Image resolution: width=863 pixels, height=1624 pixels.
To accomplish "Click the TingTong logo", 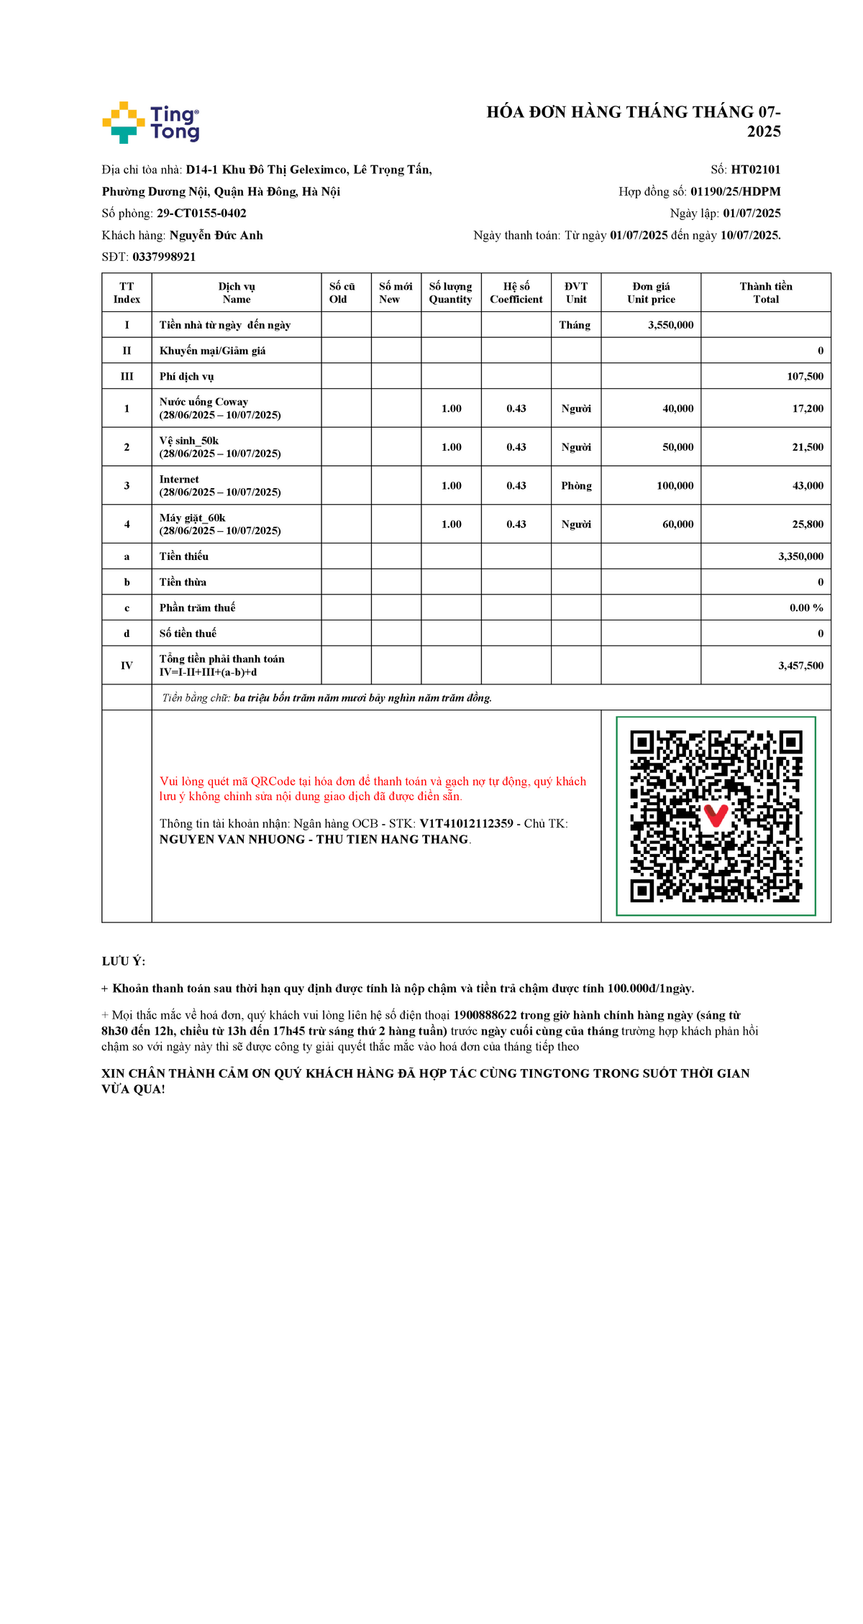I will [151, 122].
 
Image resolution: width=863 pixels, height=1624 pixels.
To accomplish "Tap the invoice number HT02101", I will [755, 170].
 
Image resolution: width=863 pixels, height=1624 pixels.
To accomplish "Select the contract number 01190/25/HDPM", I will [735, 191].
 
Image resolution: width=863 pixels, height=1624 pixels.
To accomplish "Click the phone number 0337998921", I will [164, 257].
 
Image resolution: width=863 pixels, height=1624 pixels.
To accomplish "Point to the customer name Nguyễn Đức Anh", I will [216, 235].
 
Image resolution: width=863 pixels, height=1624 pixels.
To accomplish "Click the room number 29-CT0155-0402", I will [201, 214].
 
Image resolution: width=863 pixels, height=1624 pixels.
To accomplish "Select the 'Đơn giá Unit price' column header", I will [651, 293].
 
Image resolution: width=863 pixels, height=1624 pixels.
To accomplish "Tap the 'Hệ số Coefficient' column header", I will [516, 293].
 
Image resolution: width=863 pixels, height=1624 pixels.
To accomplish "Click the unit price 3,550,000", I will [670, 325].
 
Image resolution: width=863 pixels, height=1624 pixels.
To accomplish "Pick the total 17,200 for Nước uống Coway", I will [808, 408].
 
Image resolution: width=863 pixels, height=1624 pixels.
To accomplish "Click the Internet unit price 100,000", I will [675, 486].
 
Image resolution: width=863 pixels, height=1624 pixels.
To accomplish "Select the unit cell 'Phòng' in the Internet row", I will [576, 486].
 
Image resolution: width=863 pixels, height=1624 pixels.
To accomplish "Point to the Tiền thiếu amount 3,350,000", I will [800, 556].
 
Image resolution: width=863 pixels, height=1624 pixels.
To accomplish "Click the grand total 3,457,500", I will [800, 666].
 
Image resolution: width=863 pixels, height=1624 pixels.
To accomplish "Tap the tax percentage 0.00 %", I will [806, 608].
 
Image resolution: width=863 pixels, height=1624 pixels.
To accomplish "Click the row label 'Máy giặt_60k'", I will [192, 518].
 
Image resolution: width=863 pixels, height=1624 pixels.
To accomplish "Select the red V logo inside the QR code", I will [716, 815].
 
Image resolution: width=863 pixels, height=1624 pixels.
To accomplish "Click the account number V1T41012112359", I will [466, 824].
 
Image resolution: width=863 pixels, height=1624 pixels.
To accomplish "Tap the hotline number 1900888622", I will [485, 1015].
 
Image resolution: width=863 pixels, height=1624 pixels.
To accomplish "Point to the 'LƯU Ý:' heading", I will [123, 961].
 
